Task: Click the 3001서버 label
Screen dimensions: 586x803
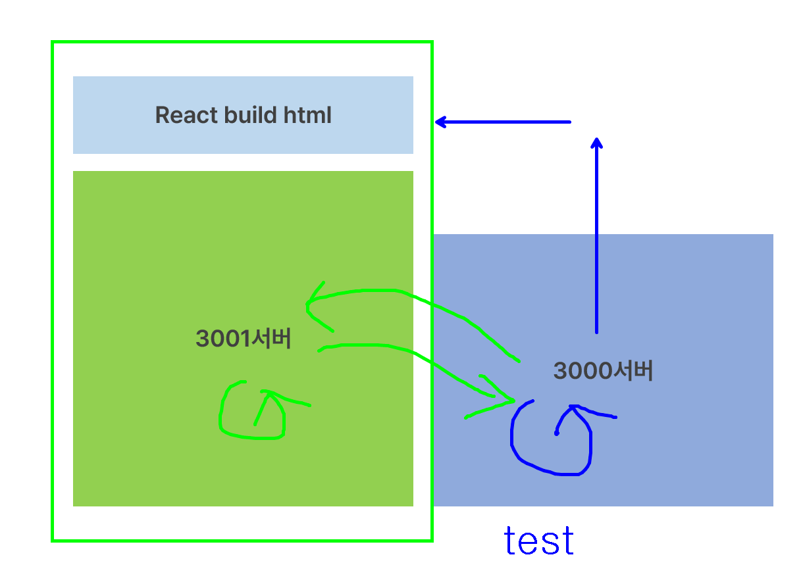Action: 244,339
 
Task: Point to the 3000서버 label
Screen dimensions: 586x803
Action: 603,372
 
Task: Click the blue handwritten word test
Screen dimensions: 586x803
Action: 539,541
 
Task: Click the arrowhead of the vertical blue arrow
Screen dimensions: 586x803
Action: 596,142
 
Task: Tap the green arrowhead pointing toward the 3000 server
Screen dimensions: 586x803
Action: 507,398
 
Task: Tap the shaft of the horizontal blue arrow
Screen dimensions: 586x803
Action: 513,122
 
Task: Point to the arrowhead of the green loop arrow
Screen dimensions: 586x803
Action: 267,393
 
